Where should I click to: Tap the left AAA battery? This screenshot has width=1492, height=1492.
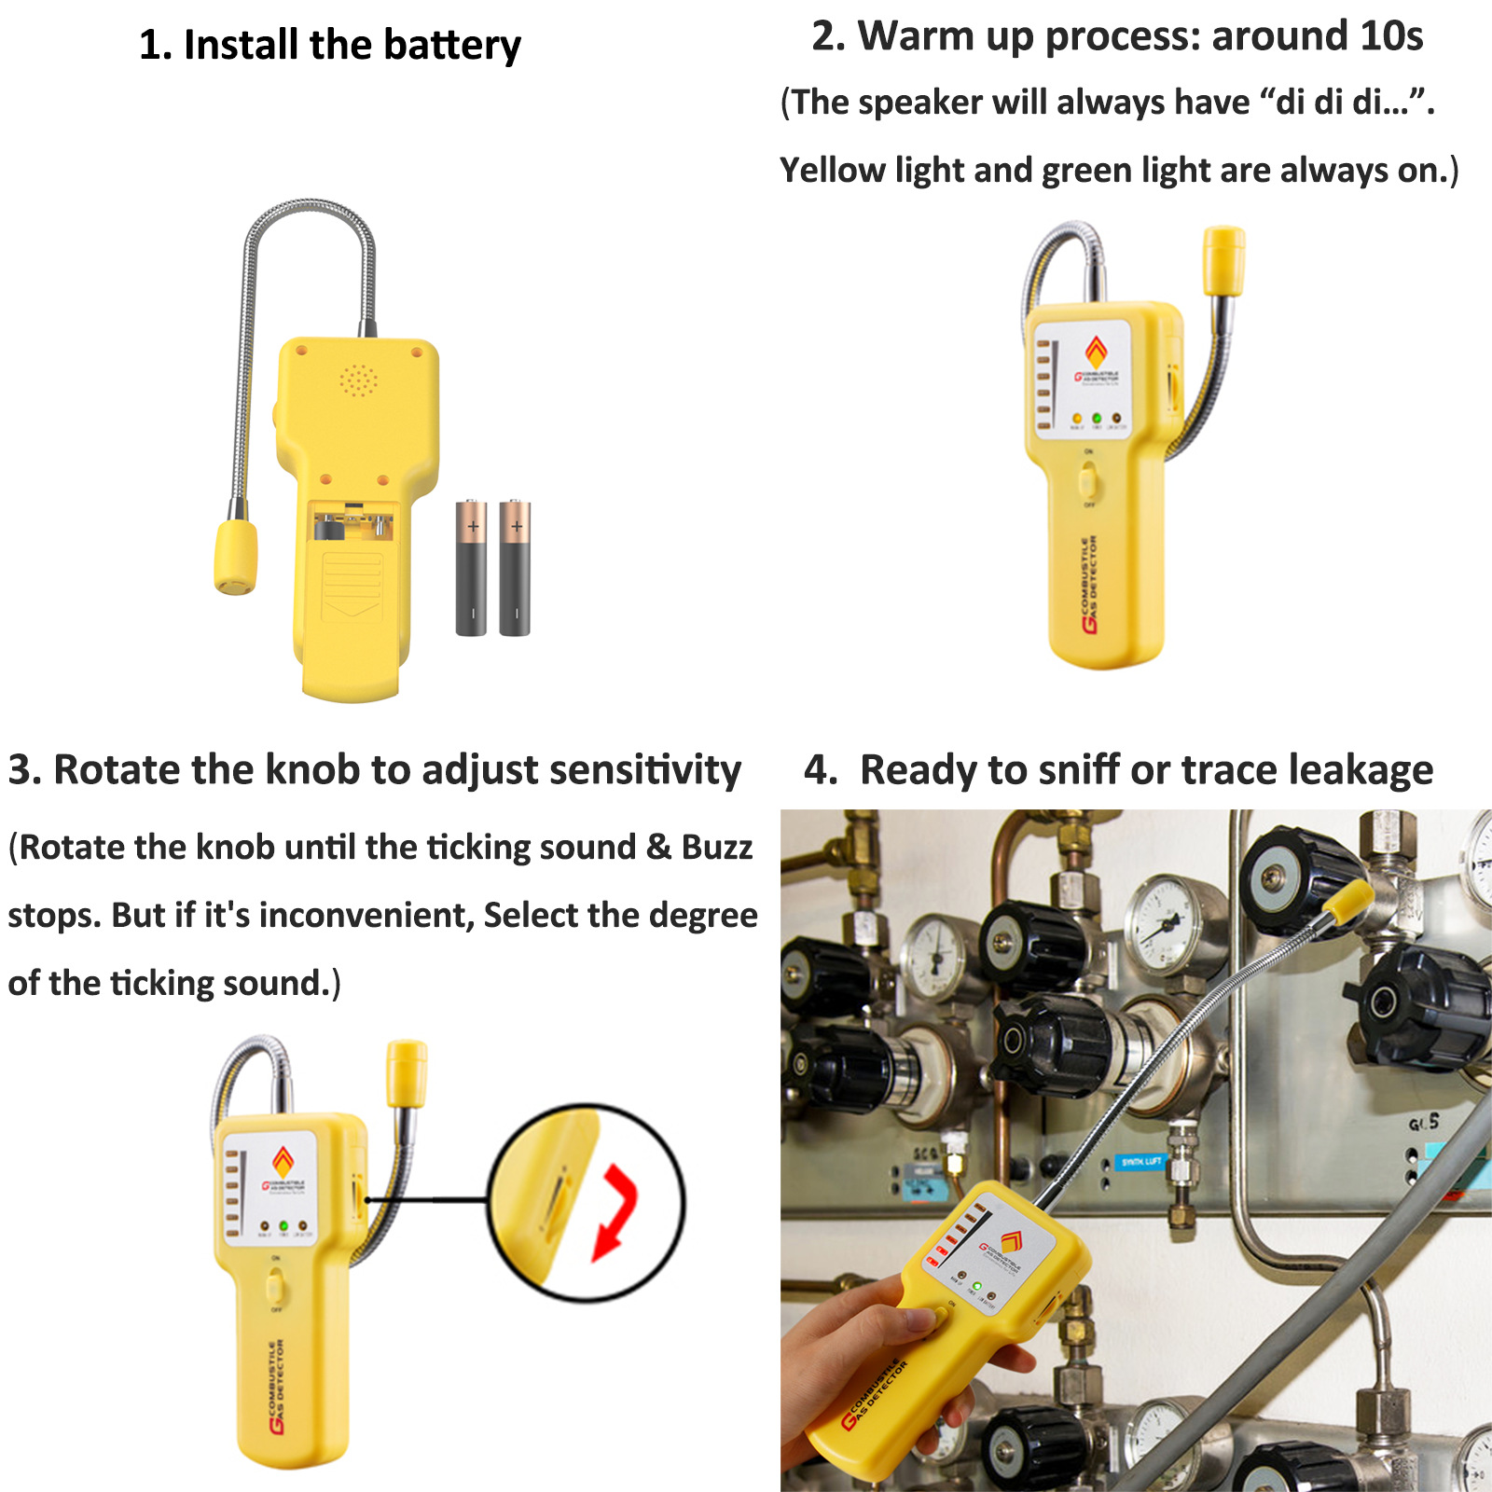point(471,568)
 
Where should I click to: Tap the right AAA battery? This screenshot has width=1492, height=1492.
point(515,568)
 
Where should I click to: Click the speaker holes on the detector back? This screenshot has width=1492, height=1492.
point(358,380)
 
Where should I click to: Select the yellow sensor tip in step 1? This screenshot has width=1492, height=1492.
point(236,557)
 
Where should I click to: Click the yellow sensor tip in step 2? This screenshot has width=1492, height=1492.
point(1223,260)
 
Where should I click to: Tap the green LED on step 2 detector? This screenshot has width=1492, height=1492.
point(1097,418)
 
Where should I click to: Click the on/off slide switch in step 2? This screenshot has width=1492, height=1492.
point(1088,481)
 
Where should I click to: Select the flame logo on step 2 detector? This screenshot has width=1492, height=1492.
point(1097,352)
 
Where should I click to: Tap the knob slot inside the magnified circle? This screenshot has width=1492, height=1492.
point(554,1204)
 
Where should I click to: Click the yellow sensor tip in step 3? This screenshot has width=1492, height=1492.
point(408,1072)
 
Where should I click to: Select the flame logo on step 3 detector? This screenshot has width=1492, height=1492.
point(283,1162)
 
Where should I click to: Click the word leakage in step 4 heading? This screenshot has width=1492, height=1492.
point(1361,770)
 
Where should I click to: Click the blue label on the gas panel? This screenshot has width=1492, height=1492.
point(1140,1161)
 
